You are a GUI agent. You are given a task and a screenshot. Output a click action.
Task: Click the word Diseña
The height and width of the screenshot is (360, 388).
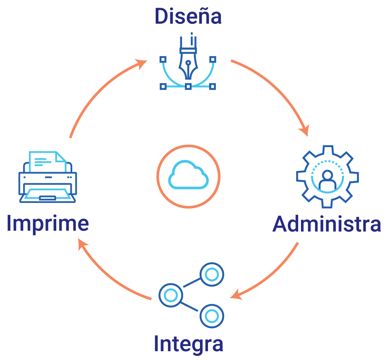188,16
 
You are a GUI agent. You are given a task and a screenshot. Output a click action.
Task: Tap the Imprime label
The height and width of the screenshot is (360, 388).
48,224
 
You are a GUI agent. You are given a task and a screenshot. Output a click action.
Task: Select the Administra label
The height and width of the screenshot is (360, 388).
327,224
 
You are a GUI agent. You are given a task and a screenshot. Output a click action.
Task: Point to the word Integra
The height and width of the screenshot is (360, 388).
188,344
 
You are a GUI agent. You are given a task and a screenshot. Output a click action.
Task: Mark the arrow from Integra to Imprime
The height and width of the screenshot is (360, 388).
108,275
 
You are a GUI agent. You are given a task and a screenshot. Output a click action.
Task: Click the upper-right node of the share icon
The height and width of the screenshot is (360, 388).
212,274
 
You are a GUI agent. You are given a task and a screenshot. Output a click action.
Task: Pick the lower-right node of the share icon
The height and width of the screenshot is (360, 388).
212,316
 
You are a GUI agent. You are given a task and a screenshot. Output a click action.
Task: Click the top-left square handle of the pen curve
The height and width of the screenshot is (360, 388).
163,59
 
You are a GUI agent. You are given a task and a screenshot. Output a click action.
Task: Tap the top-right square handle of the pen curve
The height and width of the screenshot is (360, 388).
213,59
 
